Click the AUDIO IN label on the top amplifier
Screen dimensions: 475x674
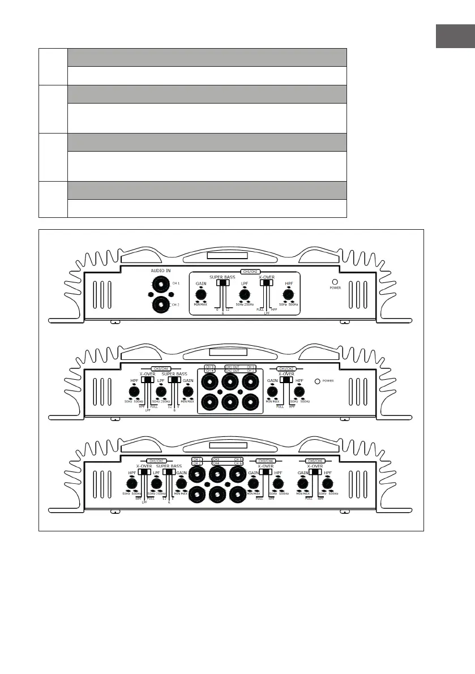(160, 271)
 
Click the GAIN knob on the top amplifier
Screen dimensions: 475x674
(200, 294)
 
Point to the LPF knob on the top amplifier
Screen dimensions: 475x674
(245, 294)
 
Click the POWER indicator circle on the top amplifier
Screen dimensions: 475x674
(335, 281)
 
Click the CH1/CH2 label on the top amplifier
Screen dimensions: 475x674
(251, 272)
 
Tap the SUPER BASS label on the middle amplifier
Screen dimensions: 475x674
(174, 374)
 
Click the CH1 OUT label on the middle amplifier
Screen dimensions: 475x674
(232, 367)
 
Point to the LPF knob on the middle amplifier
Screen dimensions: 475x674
(161, 390)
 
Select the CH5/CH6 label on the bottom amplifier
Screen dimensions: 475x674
(315, 461)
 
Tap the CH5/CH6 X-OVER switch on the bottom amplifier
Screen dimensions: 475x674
(314, 472)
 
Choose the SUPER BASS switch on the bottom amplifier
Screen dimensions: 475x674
(168, 472)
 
